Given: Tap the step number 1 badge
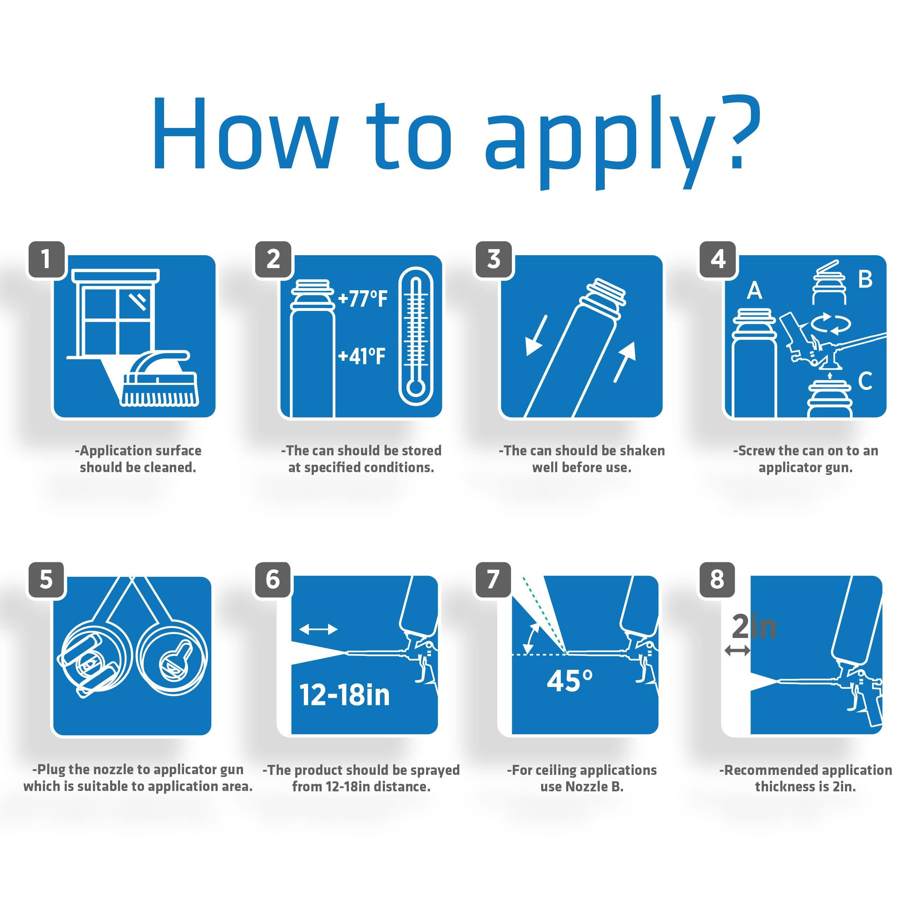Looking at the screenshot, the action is point(45,259).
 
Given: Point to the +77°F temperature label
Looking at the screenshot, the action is point(363,298).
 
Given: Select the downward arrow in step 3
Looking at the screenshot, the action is point(536,335).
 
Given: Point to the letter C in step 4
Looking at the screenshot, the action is point(865,380).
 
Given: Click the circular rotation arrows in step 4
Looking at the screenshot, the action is point(831,323).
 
